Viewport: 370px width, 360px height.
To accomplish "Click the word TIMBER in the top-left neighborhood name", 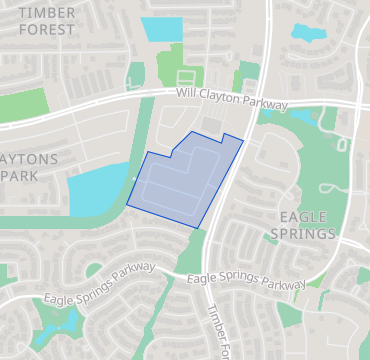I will click(47, 12).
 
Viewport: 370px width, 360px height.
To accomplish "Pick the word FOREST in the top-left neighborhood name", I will click(47, 30).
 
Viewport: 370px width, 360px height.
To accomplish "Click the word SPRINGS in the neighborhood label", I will click(302, 234).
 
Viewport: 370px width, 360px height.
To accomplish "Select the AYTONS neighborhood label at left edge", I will click(30, 159).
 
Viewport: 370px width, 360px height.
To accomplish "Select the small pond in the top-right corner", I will click(309, 33).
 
